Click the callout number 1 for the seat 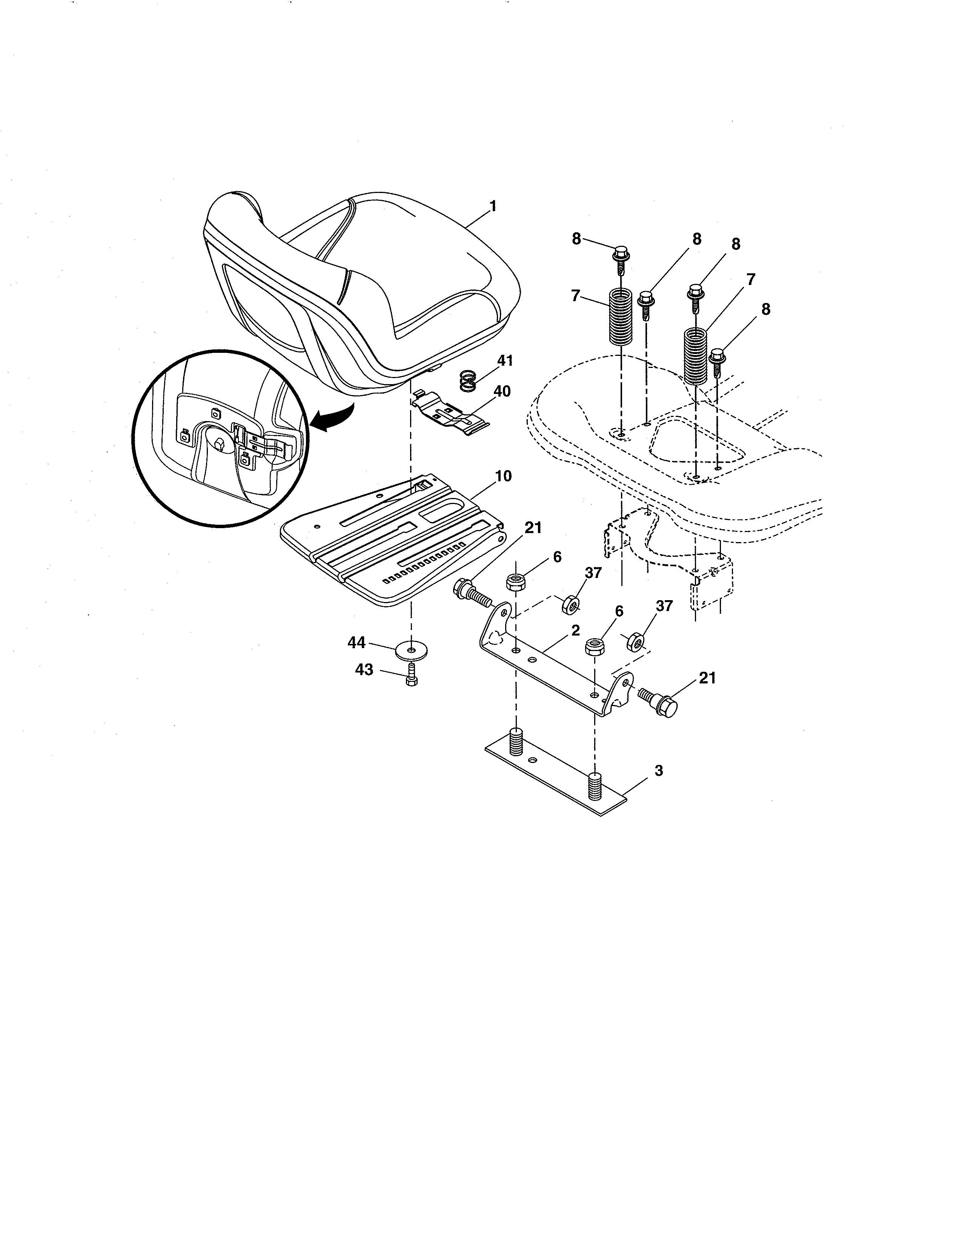(x=493, y=206)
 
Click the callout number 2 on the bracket (x=576, y=631)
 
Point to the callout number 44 (x=357, y=642)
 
